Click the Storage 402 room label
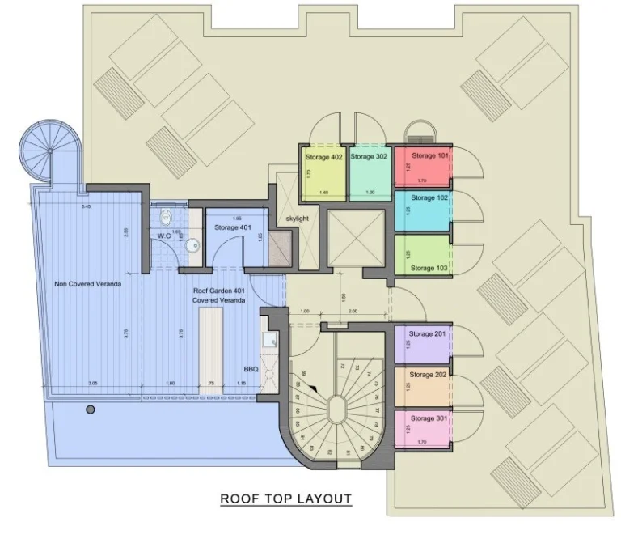click(323, 157)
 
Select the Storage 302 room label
click(369, 157)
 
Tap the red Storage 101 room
click(422, 168)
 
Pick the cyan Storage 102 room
click(422, 211)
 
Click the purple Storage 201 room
click(422, 345)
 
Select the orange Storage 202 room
click(422, 387)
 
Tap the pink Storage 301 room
click(422, 429)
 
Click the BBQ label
click(251, 369)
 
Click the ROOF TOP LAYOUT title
click(286, 499)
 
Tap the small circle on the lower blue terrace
click(91, 410)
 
